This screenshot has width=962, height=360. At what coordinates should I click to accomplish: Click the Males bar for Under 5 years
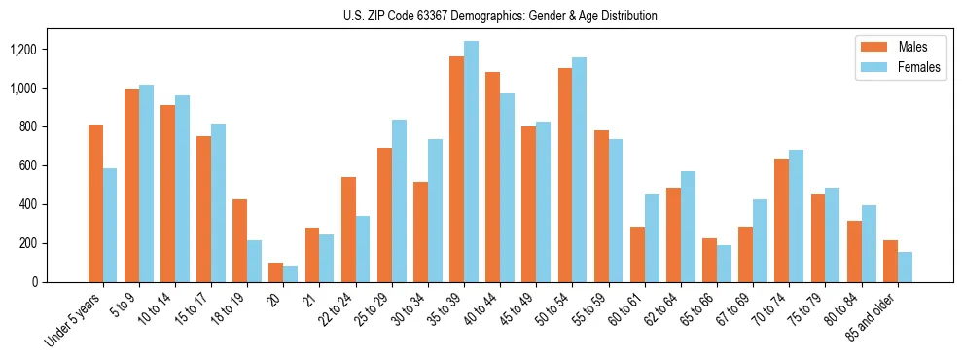[95, 203]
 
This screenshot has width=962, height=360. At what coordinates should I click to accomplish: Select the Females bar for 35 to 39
[471, 162]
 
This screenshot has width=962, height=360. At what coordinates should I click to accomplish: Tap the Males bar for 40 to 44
[492, 177]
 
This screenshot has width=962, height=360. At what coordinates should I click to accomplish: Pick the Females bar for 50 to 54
[580, 169]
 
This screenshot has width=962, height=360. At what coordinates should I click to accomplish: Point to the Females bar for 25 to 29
[399, 200]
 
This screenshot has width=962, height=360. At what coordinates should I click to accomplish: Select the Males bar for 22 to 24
[348, 230]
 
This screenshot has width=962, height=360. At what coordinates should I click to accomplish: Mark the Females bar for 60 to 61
[652, 237]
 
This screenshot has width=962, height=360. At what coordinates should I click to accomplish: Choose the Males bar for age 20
[276, 272]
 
